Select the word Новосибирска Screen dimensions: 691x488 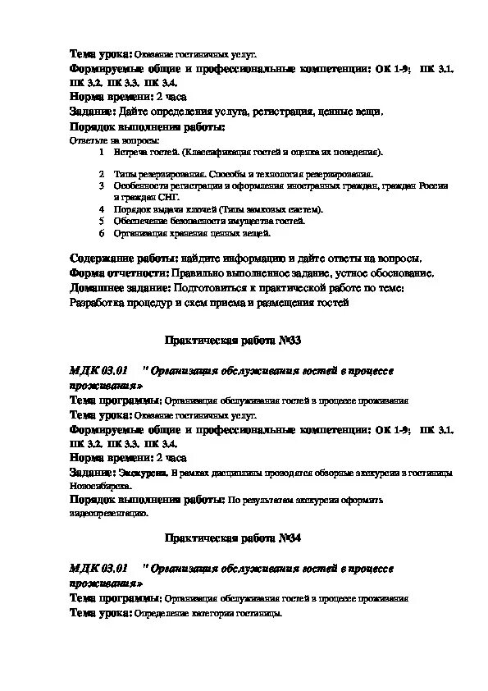click(x=94, y=485)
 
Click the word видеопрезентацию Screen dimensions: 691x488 click(x=108, y=513)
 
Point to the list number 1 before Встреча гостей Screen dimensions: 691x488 click(x=101, y=152)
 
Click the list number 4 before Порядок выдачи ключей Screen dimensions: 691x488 click(x=101, y=209)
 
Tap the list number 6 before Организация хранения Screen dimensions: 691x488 click(x=101, y=233)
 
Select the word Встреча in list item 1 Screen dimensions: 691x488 click(x=130, y=152)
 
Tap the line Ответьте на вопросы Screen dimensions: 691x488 click(x=103, y=140)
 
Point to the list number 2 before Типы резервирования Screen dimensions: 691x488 click(x=101, y=174)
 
